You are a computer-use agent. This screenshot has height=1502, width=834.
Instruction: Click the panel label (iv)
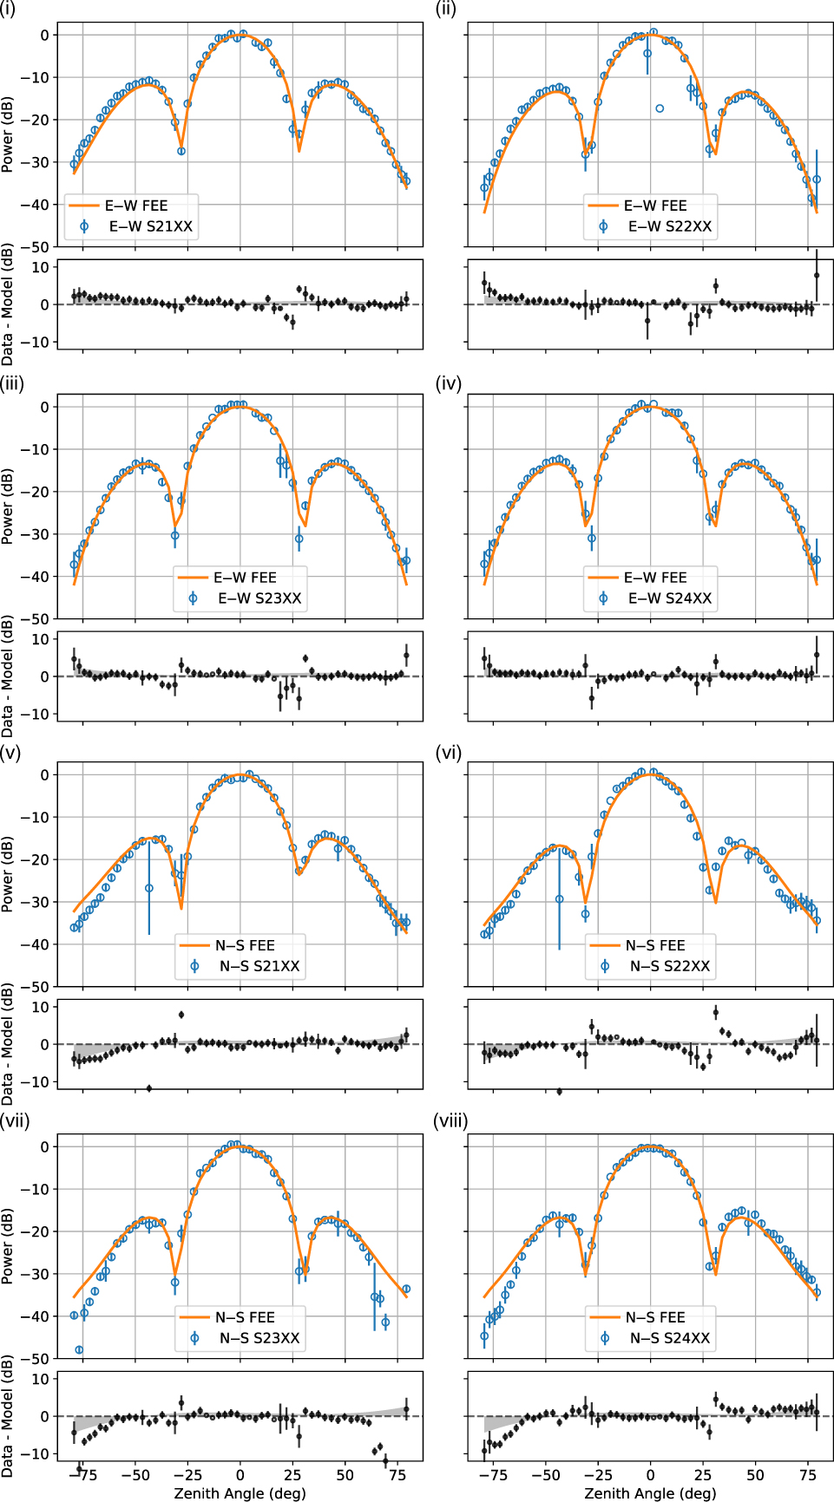tap(449, 383)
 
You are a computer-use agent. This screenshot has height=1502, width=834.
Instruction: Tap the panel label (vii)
tap(15, 1121)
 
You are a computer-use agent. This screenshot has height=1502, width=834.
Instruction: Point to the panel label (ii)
tap(446, 10)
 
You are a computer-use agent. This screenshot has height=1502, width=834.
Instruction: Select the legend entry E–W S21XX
tap(150, 226)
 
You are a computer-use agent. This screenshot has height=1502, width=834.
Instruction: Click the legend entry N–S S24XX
tap(669, 1338)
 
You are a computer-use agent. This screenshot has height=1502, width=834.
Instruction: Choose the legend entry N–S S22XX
tap(669, 966)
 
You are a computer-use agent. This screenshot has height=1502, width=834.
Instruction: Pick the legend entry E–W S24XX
tap(669, 598)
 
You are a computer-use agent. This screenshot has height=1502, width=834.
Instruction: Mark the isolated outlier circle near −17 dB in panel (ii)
tap(660, 108)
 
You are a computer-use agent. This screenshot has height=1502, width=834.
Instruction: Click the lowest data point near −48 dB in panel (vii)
tap(79, 1350)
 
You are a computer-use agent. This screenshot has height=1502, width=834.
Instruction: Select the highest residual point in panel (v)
tap(181, 1015)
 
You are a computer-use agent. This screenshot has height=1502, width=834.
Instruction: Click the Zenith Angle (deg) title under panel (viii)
tap(650, 1493)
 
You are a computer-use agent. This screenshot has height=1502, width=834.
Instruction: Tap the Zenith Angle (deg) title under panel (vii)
tap(240, 1493)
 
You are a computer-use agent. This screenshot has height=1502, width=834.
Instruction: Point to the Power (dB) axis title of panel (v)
tap(8, 874)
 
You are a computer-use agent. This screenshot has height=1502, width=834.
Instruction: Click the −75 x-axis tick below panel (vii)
tap(82, 1475)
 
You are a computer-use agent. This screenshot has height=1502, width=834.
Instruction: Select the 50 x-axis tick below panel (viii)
tap(755, 1475)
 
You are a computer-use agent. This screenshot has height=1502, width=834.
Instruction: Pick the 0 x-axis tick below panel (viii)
tap(650, 1475)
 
